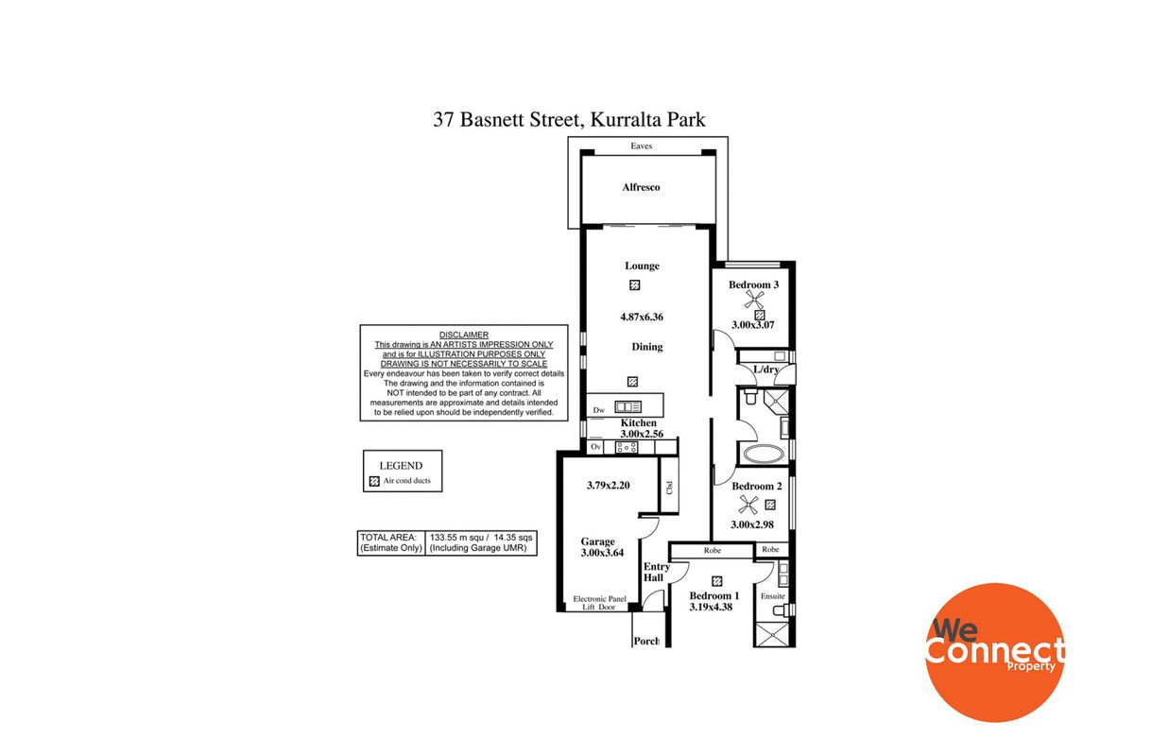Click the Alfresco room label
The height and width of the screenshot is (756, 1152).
click(641, 187)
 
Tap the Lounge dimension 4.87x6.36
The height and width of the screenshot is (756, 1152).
click(642, 317)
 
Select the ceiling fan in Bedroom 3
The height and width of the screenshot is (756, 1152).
click(754, 300)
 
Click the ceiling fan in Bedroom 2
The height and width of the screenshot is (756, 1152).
click(748, 505)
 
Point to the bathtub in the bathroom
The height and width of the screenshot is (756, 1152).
click(764, 455)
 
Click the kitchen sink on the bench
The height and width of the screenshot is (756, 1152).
click(628, 406)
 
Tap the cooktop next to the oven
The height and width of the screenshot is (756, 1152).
click(627, 447)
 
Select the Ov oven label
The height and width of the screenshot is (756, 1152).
click(595, 446)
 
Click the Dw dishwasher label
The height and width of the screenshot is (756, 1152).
click(598, 410)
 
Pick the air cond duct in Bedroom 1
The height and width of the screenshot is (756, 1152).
click(717, 580)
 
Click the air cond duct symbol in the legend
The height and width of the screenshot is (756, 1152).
click(374, 481)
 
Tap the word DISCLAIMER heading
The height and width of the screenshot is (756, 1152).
click(464, 335)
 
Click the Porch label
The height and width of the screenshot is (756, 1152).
click(646, 641)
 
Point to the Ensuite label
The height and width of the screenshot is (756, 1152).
click(772, 596)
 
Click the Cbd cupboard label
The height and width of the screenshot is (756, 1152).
click(669, 488)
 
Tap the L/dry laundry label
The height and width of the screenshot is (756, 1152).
click(766, 369)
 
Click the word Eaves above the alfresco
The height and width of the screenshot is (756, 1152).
click(642, 146)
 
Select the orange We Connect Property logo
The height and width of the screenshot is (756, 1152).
click(994, 652)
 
